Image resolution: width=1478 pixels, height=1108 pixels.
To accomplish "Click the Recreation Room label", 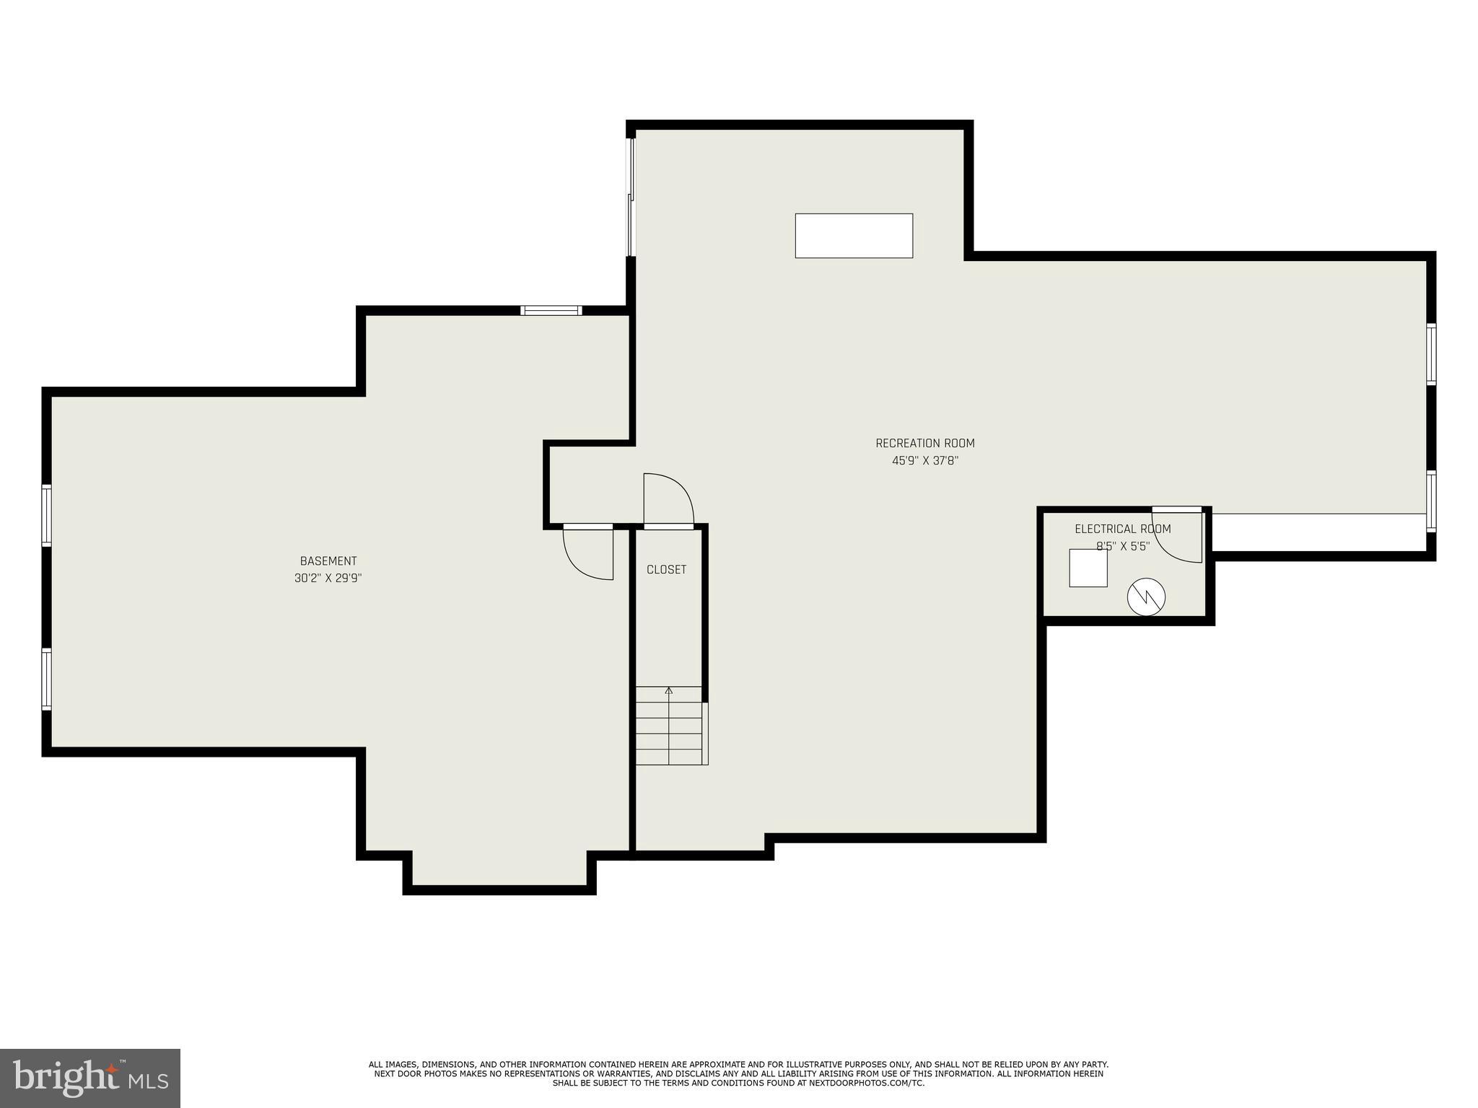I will [924, 443].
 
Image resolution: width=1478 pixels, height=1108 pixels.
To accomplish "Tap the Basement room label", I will [328, 561].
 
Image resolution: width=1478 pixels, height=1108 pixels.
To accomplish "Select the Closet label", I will [666, 570].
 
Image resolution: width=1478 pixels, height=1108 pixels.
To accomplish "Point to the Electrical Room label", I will [1122, 529].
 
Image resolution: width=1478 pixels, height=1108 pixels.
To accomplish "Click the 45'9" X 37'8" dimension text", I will [924, 461].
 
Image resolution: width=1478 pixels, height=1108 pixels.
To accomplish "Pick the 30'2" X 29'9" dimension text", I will [328, 578].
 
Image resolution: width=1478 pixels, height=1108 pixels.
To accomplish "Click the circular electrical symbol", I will [1146, 597].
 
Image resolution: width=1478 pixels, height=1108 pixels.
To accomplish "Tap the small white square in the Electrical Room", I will [1088, 568].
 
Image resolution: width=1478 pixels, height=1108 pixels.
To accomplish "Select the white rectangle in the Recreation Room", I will [854, 235].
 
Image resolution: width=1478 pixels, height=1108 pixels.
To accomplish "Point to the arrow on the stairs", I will [669, 691].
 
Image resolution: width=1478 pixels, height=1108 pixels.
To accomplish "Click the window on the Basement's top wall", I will [551, 311].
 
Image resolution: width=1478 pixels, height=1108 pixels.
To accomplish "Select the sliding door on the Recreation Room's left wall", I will [631, 196].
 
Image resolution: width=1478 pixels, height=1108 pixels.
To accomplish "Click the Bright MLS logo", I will [89, 1078].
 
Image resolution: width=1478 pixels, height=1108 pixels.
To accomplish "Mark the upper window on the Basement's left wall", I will [47, 515].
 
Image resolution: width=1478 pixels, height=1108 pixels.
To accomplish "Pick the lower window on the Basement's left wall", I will [47, 678].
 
